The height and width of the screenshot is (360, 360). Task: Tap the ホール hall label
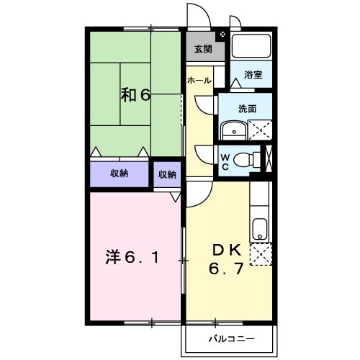[x=199, y=81]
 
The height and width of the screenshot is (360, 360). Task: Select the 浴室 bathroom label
[x=253, y=74]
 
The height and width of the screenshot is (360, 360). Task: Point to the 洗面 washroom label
[x=248, y=108]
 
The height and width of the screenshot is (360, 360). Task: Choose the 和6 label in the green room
[x=134, y=94]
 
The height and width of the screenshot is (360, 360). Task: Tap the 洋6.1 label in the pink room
[x=134, y=256]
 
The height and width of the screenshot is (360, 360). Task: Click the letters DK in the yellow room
[x=226, y=250]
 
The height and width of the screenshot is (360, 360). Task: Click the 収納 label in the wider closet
[x=120, y=174]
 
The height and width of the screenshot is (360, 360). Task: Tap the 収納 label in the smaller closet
[x=167, y=174]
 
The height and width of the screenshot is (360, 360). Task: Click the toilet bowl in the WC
[x=248, y=158]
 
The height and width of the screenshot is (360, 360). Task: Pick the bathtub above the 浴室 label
[x=252, y=47]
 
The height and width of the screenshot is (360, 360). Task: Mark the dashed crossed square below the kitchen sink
[x=260, y=256]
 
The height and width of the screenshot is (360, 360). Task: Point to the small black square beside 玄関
[x=222, y=34]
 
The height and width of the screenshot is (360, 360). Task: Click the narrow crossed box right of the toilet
[x=270, y=158]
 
